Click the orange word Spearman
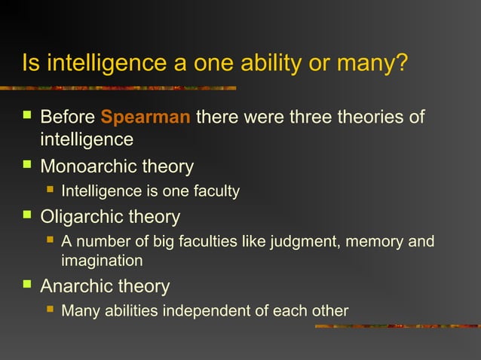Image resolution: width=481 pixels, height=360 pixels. pyautogui.click(x=146, y=118)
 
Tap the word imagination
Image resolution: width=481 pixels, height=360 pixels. pyautogui.click(x=102, y=261)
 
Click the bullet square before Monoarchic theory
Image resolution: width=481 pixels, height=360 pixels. pyautogui.click(x=27, y=166)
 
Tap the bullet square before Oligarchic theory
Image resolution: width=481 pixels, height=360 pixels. pyautogui.click(x=27, y=217)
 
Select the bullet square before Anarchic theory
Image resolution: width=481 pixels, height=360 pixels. pyautogui.click(x=27, y=286)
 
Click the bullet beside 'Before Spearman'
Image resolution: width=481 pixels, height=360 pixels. pyautogui.click(x=27, y=117)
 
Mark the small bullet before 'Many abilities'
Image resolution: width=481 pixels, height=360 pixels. pyautogui.click(x=50, y=310)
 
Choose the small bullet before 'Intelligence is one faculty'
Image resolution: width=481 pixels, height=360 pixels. pyautogui.click(x=50, y=191)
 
